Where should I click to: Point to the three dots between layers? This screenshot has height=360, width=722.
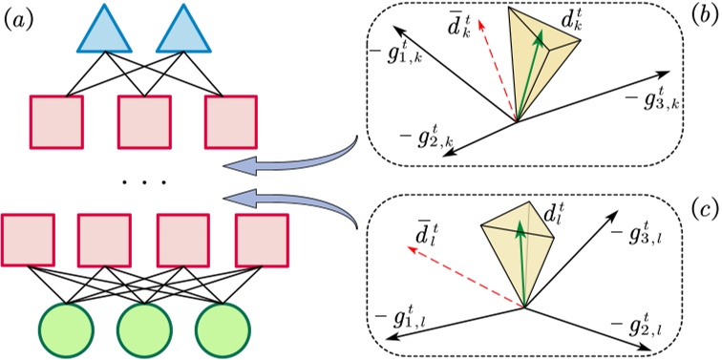[x=143, y=180]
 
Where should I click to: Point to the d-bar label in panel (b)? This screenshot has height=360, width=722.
[x=458, y=32]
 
